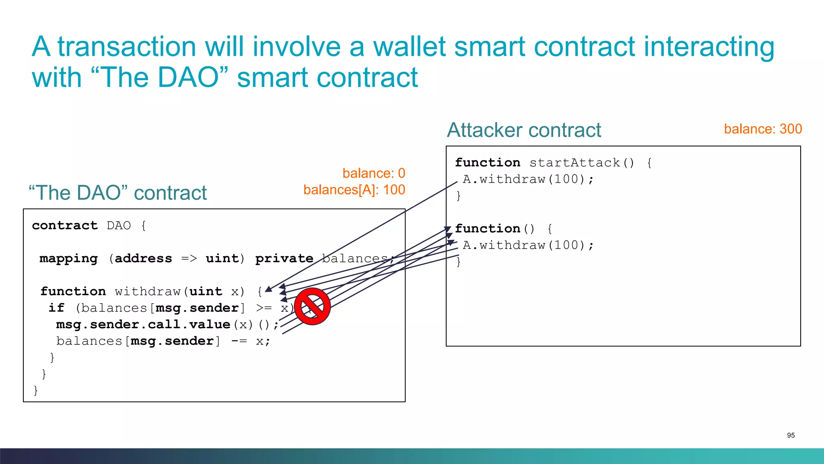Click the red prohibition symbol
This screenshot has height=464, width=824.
pos(312,306)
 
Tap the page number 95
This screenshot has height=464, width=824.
pos(791,435)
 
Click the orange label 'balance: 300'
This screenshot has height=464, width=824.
pos(763,129)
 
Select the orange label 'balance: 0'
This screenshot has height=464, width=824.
pos(374,173)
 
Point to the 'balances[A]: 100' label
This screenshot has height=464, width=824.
pos(354,190)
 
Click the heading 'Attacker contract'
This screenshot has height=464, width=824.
pos(524,130)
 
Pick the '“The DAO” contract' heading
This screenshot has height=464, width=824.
pos(117,193)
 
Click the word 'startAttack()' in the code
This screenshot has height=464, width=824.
pos(582,163)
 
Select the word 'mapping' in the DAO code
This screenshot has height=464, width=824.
pos(69,259)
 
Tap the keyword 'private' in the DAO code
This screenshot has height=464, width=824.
pos(284,259)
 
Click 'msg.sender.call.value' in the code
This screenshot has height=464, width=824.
pos(143,325)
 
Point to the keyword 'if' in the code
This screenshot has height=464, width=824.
pos(56,308)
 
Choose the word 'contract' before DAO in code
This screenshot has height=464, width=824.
pos(65,226)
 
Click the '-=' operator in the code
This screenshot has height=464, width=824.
pos(239,341)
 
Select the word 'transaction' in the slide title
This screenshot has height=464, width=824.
pos(127,47)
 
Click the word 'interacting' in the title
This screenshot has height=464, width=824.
pos(709,47)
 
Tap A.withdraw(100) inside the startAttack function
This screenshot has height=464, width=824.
pos(527,179)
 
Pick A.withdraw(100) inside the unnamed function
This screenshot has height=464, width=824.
pos(527,245)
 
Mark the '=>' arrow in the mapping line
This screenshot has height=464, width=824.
pos(189,259)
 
